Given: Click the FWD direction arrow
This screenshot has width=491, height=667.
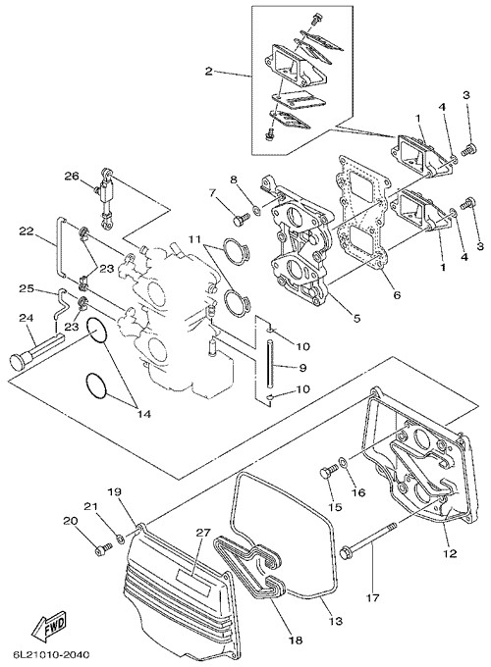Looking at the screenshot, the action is click(50, 627).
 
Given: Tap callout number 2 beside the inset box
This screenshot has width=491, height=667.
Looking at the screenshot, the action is click(208, 71).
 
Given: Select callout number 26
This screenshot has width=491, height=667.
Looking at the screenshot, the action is click(72, 176).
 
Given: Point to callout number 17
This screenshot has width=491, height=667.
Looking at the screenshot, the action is click(372, 598).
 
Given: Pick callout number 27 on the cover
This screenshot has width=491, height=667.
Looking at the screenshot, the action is click(203, 534).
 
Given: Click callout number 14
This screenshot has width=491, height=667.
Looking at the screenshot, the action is click(144, 413).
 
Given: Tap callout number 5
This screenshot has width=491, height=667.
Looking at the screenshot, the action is click(356, 318).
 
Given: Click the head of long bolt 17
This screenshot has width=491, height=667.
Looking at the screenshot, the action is click(346, 554).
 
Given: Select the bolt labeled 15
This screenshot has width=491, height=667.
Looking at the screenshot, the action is click(327, 473).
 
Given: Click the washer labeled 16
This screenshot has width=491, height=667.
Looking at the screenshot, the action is click(344, 461).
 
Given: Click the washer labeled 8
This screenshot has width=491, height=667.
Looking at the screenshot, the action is click(256, 209).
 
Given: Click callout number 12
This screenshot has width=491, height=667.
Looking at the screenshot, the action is click(450, 553).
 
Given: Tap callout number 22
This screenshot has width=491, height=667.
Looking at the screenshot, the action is click(26, 231).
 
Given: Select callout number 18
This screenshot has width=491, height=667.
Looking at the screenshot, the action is click(296, 640).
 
